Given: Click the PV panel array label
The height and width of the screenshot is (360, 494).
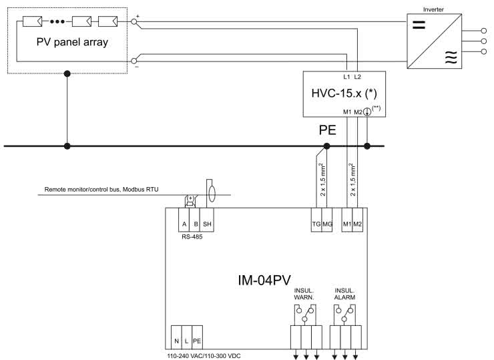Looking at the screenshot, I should [73, 42].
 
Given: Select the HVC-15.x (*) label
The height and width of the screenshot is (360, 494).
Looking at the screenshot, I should [343, 91].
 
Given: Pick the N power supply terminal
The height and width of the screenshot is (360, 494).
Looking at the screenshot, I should [176, 341].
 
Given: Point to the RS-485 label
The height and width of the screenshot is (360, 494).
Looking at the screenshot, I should [190, 236].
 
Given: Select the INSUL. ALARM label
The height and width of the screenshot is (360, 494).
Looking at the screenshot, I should [346, 295].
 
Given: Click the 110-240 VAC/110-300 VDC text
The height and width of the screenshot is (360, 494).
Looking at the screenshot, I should [203, 355].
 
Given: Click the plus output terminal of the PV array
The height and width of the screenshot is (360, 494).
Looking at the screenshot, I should [136, 21].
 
